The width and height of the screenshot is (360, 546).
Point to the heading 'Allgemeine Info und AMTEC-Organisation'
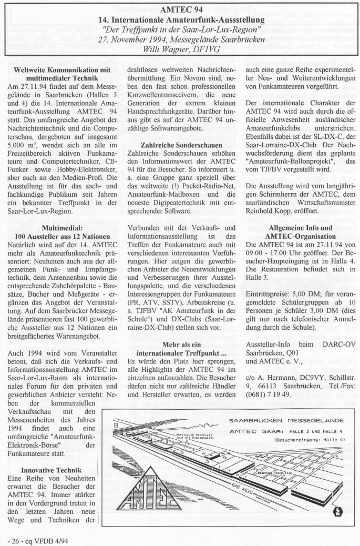300,232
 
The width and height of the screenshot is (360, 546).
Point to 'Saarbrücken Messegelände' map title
287,421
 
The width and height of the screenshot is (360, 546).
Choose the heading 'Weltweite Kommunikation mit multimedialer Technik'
61,73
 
